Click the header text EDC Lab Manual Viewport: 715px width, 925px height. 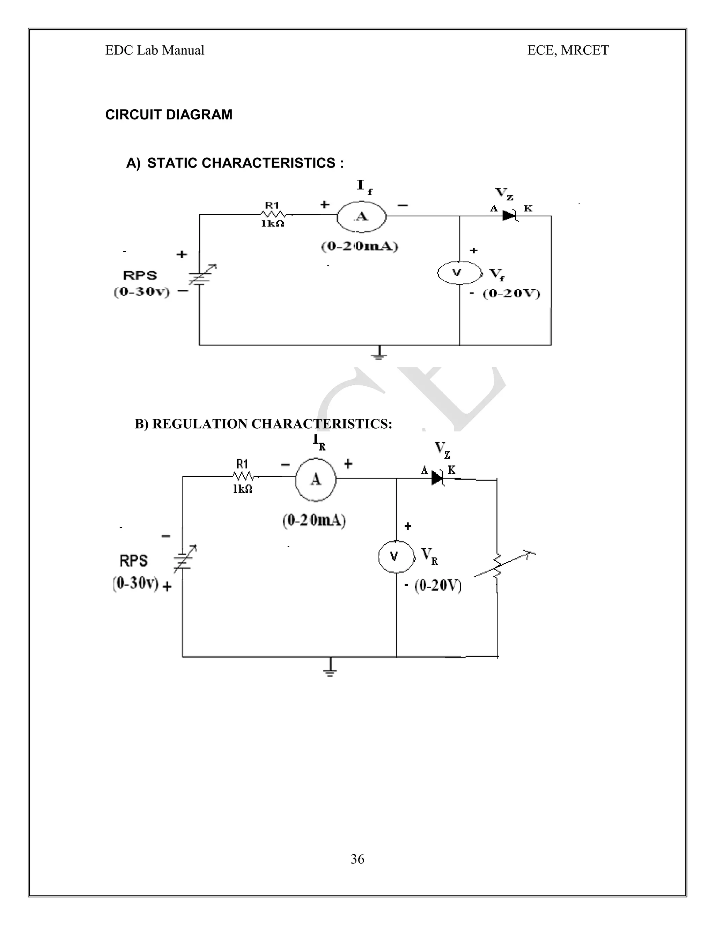pos(155,50)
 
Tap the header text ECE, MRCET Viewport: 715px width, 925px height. pos(568,50)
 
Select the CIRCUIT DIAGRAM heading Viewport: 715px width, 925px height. pos(169,115)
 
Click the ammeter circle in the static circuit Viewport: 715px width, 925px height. pos(361,216)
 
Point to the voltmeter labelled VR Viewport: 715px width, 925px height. pos(396,556)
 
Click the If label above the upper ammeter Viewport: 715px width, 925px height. pos(364,187)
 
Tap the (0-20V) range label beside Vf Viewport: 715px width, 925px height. pos(512,294)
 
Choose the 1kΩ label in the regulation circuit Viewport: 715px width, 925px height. pos(242,489)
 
